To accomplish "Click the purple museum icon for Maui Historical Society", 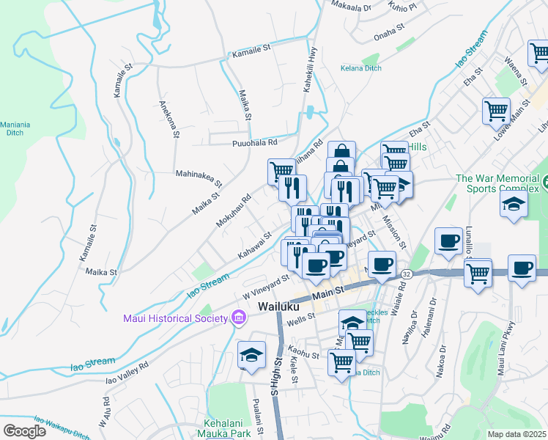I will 238,318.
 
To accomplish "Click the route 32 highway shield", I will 407,274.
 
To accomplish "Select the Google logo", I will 24,431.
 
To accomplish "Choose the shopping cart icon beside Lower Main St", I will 496,112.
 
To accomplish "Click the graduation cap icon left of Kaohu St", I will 251,356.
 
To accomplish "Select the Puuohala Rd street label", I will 255,143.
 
